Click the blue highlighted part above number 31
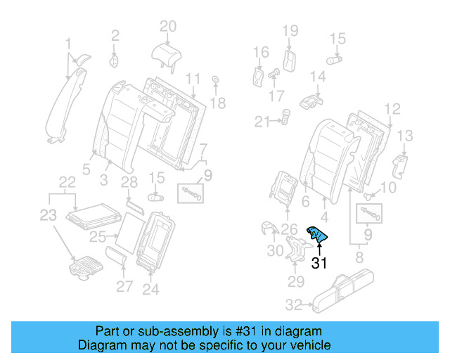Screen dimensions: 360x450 point(317,236)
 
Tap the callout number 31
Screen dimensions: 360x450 point(320,264)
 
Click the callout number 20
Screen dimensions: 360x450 point(167,27)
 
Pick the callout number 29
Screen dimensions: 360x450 point(296,282)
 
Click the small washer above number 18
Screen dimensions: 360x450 point(214,80)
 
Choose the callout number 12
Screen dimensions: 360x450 point(392,108)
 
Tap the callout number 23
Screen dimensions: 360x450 point(47,216)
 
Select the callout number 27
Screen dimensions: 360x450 point(124,286)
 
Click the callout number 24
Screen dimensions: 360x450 point(150,288)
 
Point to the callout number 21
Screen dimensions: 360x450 point(262,122)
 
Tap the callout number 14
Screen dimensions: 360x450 point(318,75)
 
